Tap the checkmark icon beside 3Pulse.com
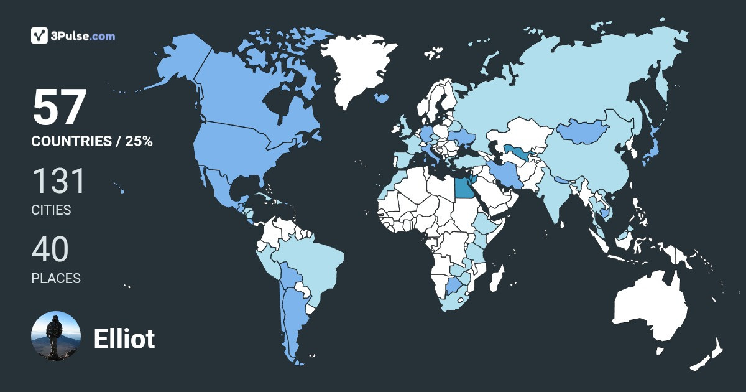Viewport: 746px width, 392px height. [x=40, y=35]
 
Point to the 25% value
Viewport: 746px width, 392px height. [x=139, y=141]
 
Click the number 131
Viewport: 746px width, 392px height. [x=58, y=181]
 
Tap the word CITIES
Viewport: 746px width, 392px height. [x=51, y=210]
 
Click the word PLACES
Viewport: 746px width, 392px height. [x=56, y=278]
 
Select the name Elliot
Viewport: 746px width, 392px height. [x=124, y=338]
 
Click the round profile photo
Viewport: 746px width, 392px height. [x=56, y=336]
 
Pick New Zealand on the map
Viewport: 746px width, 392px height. [x=709, y=358]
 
